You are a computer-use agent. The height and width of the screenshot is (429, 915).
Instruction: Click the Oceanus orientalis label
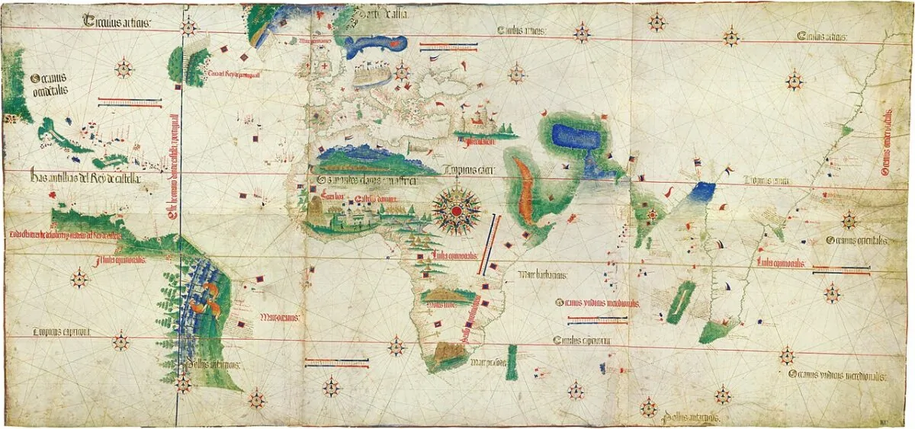click(856, 240)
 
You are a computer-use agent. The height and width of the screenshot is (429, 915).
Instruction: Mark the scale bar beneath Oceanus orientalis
click(841, 268)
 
